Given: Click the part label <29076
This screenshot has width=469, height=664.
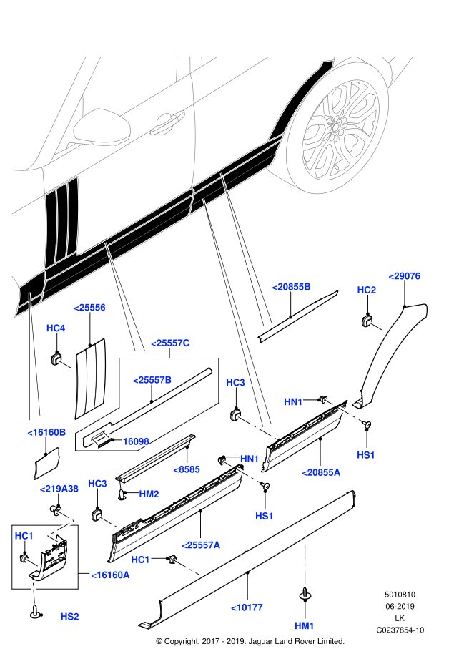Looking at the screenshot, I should (x=404, y=276).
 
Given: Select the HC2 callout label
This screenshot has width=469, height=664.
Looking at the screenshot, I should (x=366, y=290).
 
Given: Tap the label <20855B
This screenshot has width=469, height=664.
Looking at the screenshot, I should (x=291, y=287).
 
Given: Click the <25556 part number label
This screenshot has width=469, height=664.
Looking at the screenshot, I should (x=89, y=308).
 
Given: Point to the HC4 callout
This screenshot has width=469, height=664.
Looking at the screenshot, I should (x=56, y=328).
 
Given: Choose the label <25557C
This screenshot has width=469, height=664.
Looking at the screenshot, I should (x=170, y=343).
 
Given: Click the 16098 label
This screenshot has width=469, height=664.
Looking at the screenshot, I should (x=135, y=441).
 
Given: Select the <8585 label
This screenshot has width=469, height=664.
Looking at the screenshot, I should (x=186, y=470).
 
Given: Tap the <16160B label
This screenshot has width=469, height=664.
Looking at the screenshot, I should (x=47, y=432).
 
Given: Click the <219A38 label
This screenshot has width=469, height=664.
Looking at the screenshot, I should (x=59, y=488).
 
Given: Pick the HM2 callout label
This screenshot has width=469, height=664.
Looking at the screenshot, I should (x=149, y=494).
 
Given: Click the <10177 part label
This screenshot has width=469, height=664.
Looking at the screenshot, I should (x=247, y=607).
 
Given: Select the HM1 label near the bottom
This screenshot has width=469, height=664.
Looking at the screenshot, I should (x=305, y=625).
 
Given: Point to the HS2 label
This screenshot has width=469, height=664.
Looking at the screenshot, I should (x=69, y=615).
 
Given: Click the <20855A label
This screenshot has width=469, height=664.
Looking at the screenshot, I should (x=321, y=472).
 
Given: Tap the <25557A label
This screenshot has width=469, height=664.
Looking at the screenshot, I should (x=201, y=545).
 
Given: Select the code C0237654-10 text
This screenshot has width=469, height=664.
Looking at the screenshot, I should (x=400, y=630).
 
